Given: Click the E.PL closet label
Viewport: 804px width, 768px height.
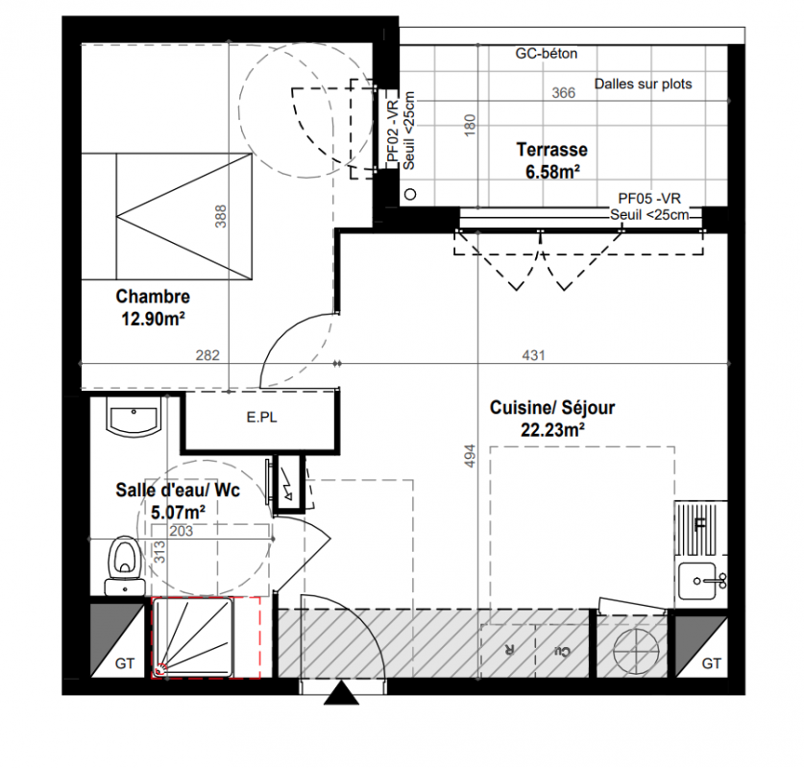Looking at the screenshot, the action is click(x=261, y=418).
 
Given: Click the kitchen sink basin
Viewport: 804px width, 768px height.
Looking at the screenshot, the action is click(x=696, y=581).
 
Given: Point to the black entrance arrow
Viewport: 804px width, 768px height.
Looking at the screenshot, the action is click(x=342, y=693).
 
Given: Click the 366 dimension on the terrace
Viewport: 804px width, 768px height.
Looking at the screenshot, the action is click(x=564, y=93).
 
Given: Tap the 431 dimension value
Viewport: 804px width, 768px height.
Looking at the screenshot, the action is click(x=533, y=355).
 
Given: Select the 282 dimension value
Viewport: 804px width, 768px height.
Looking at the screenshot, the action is click(x=207, y=355).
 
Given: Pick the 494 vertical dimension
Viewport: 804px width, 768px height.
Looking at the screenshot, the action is click(x=470, y=455).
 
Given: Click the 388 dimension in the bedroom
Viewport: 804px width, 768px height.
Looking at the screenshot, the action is click(x=220, y=216).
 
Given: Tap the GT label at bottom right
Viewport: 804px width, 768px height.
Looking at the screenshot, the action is click(x=711, y=663).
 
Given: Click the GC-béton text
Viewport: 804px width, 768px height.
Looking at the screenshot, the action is click(x=546, y=54).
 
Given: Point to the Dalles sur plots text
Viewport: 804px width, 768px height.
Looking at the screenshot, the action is click(x=643, y=84).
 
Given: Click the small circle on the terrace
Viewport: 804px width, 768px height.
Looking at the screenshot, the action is click(x=410, y=194).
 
